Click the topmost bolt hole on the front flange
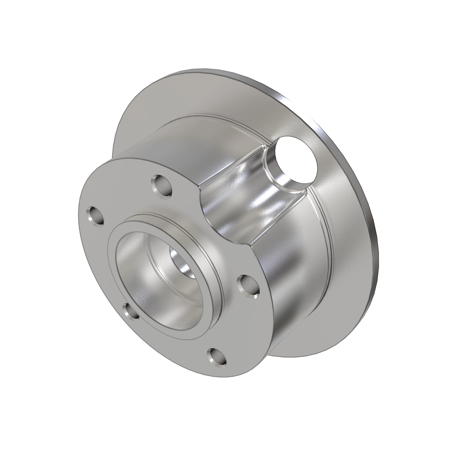[164, 185]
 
